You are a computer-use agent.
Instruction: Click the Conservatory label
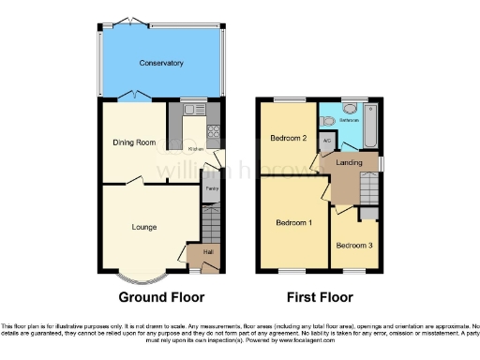pos(161,63)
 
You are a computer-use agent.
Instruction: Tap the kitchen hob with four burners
pos(213,130)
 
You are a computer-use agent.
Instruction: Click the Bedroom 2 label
pos(290,138)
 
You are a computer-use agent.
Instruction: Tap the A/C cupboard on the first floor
pos(327,142)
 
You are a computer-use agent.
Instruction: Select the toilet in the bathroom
pos(327,121)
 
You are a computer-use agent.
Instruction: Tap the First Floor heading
pos(319,297)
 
